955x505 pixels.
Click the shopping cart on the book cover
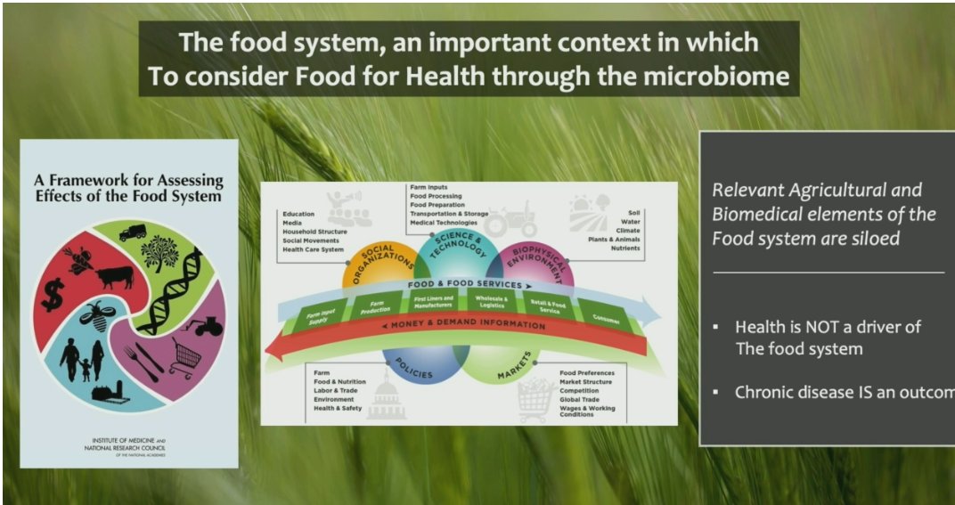pyautogui.click(x=184, y=355)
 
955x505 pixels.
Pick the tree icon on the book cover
pyautogui.click(x=159, y=252)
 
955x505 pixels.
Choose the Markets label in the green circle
pyautogui.click(x=515, y=367)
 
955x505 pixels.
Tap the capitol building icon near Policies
pyautogui.click(x=386, y=399)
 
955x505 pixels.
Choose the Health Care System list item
pyautogui.click(x=313, y=249)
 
